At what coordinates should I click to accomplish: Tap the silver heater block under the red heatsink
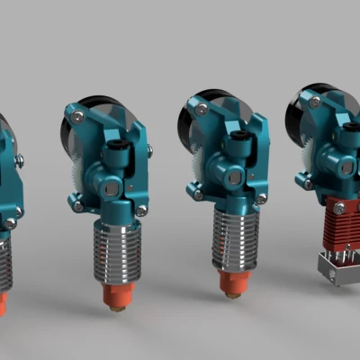[336, 269]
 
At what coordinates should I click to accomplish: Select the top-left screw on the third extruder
[202, 109]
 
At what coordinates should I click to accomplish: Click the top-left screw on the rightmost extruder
[314, 102]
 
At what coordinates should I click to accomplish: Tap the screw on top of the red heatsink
[338, 208]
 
